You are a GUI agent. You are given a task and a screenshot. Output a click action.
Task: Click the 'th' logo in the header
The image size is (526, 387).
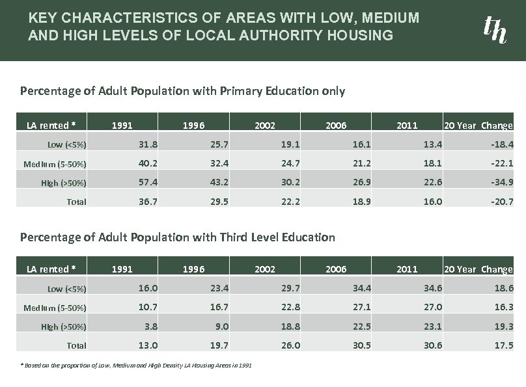coord(495,29)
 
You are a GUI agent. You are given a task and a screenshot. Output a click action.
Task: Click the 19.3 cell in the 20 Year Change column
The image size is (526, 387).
coord(502,326)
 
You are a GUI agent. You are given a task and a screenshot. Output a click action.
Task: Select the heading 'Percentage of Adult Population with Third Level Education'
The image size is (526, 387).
coord(178,237)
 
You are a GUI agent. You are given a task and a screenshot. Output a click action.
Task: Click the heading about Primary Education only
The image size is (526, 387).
coord(182,90)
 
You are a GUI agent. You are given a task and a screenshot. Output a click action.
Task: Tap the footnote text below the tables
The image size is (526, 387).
coord(137,366)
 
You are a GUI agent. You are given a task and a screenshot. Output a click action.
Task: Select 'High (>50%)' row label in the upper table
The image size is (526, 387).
coord(64,183)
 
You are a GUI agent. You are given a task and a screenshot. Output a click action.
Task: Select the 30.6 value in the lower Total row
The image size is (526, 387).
coord(432,345)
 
